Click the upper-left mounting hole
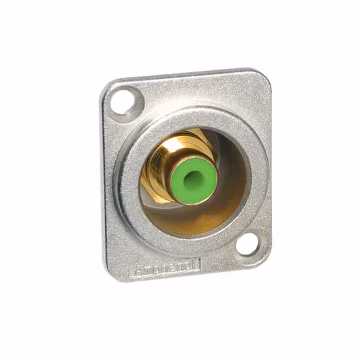(122, 102)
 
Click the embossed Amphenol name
(167, 268)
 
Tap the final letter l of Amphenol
(198, 263)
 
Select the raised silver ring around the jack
(129, 186)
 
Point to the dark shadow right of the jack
(225, 163)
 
